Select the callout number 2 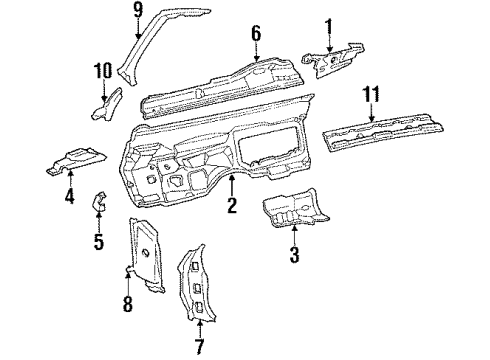[231, 207]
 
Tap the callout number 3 [294, 255]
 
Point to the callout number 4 [70, 196]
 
